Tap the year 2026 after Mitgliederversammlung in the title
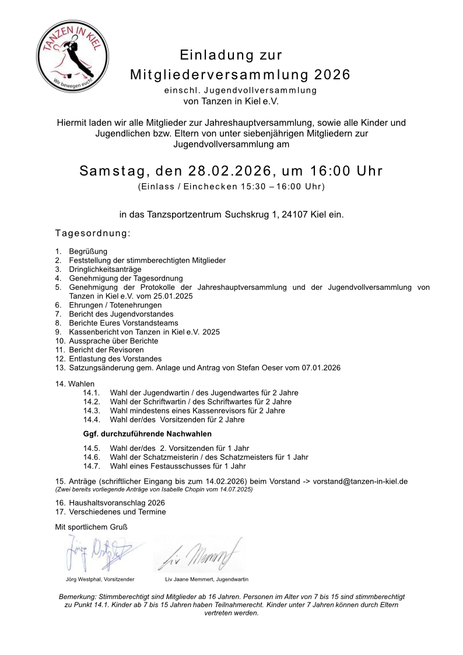coord(332,75)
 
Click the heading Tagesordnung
coord(93,234)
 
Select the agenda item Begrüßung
coord(88,251)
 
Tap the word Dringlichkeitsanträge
coord(105,269)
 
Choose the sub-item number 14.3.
coord(92,411)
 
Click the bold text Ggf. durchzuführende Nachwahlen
coord(147,434)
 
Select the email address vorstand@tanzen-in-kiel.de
coord(360,481)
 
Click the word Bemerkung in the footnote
coord(78,597)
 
